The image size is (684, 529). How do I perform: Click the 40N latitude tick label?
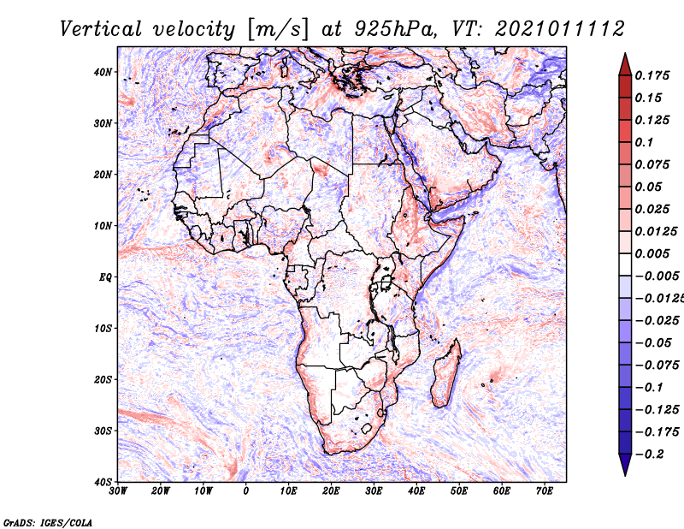point(102,72)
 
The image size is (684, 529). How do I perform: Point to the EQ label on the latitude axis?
point(105,277)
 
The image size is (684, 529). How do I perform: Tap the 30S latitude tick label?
point(103,431)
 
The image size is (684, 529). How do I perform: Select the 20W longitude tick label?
point(161,491)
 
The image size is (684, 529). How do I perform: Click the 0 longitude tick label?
point(246,491)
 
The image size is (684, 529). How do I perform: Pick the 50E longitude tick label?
point(459,491)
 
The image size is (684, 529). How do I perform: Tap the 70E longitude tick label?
point(544,491)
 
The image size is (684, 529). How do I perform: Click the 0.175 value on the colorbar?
point(652,76)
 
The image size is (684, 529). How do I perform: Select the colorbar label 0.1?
point(645,143)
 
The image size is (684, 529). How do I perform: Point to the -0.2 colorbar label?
point(649,455)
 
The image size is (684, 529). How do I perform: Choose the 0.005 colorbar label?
point(652,254)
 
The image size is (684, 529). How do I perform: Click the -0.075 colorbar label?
point(657,366)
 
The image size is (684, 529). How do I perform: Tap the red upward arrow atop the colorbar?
point(625,65)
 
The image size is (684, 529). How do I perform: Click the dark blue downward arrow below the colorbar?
point(625,465)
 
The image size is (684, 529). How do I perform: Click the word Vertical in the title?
point(101,29)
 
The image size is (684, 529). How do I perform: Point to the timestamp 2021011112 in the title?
point(560,29)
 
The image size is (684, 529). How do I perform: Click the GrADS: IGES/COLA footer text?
point(48,522)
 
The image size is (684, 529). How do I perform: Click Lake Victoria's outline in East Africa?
point(386,283)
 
